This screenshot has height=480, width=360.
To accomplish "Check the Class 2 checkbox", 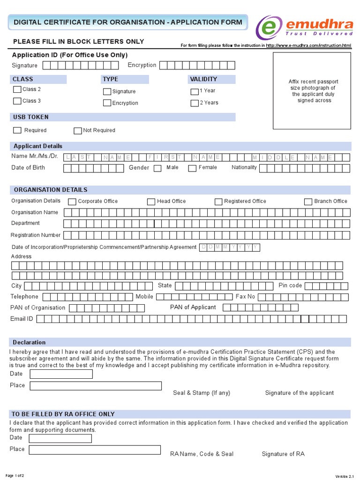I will point(17,90).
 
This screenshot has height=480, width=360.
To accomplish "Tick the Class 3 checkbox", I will point(17,101).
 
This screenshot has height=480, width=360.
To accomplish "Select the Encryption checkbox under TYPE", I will point(107,103).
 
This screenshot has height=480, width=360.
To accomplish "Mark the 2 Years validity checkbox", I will point(195,103).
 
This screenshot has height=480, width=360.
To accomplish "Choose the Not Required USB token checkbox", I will point(78,130).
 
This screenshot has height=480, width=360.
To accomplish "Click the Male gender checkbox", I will point(157,168).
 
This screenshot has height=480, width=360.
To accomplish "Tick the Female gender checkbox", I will point(192,168).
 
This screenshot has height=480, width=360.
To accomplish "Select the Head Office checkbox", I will point(151,202).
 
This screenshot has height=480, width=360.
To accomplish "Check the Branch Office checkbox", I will point(308,202).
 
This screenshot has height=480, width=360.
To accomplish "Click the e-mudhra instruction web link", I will point(308,45).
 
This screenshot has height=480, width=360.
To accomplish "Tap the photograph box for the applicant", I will point(312,90).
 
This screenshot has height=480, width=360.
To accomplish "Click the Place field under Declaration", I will point(96,386).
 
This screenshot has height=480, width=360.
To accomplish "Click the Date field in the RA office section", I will point(60,438).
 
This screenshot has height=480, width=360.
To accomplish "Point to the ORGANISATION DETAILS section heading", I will point(50,190).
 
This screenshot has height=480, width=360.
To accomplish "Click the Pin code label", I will point(290,285).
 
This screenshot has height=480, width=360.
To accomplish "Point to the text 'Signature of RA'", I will point(283,454).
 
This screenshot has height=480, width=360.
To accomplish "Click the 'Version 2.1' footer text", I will point(346,476).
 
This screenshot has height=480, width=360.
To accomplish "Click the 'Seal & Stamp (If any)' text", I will point(202,393).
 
